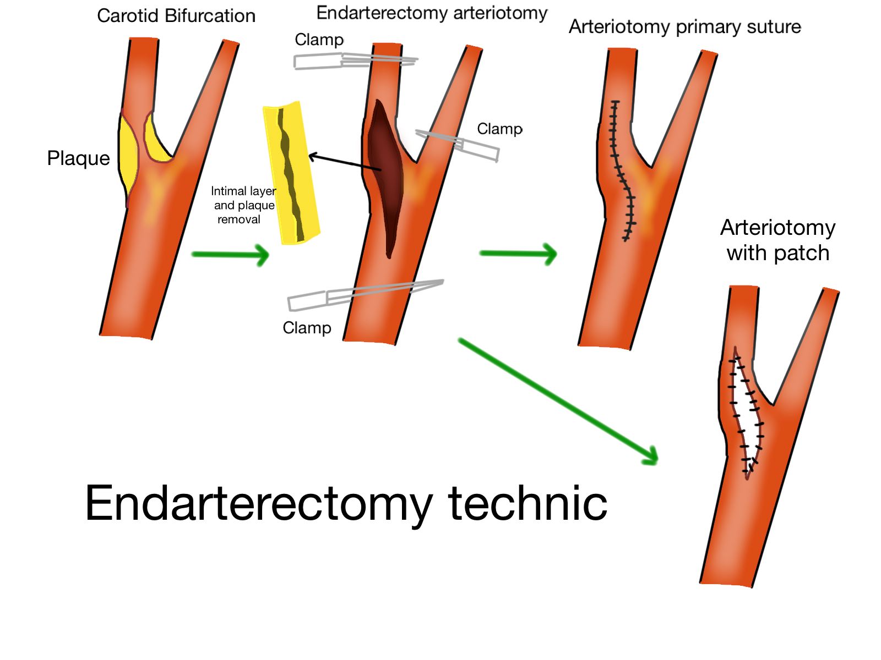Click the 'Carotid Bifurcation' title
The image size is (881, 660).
176,16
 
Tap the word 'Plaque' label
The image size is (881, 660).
78,158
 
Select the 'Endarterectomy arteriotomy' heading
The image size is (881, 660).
432,13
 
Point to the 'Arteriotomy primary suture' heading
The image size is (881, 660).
684,26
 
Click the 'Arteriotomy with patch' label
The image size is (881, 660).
777,240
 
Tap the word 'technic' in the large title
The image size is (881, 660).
527,503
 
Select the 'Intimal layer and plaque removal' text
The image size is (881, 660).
243,205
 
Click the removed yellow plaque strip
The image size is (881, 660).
291,173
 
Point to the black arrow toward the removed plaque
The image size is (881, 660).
344,163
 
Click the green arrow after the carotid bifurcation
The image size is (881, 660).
230,255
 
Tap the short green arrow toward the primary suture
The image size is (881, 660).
518,254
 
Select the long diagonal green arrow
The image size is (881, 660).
558,401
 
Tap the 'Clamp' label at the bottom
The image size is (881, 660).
307,328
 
